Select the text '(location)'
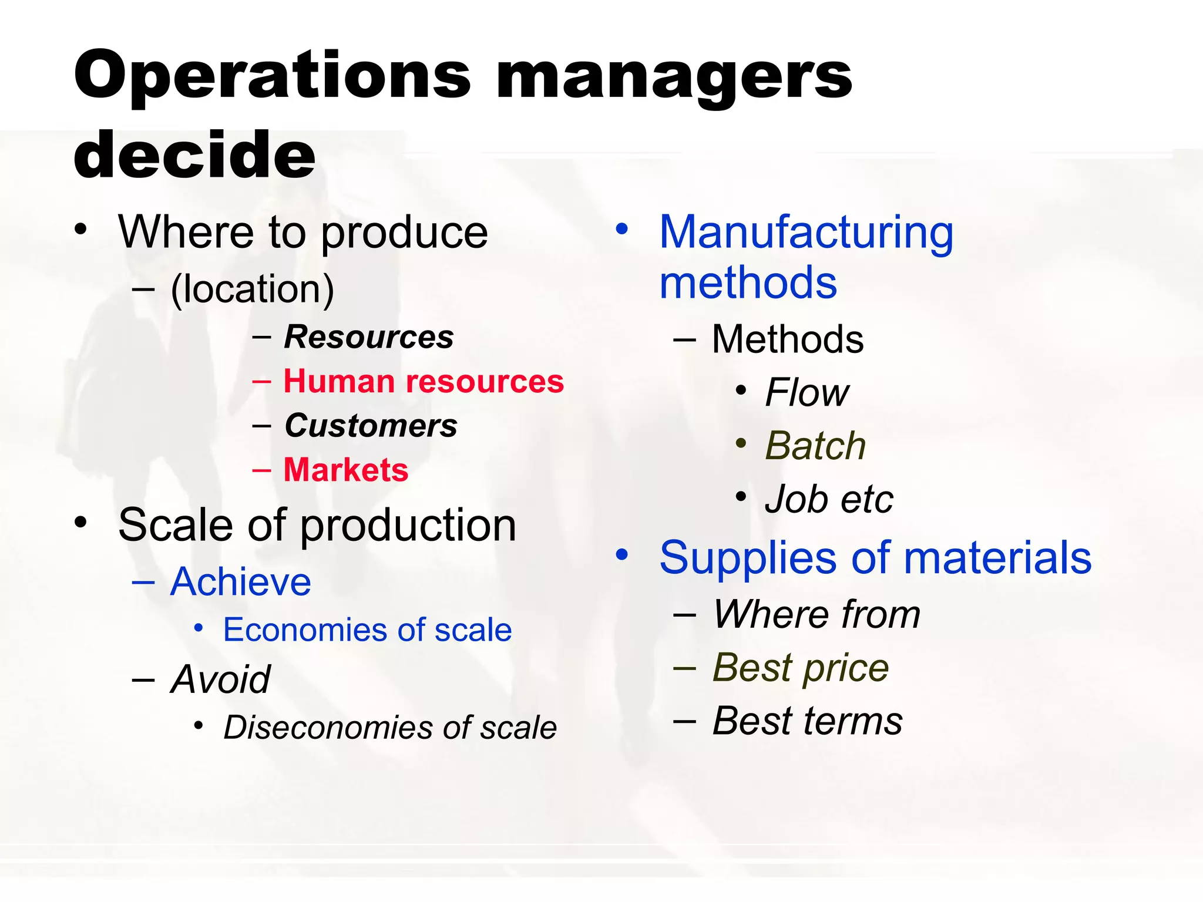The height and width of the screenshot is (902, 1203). pyautogui.click(x=252, y=290)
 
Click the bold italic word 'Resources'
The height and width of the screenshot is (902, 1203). pyautogui.click(x=369, y=337)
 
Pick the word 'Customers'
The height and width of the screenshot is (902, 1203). pyautogui.click(x=371, y=426)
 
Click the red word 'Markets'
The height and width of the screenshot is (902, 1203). pyautogui.click(x=346, y=470)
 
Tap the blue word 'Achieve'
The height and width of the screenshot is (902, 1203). pyautogui.click(x=240, y=582)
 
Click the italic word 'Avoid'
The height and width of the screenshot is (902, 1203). pyautogui.click(x=220, y=679)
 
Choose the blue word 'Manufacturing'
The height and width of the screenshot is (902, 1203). pyautogui.click(x=806, y=233)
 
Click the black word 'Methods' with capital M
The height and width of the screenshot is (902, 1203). pyautogui.click(x=788, y=339)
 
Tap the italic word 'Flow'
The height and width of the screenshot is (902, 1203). pyautogui.click(x=807, y=392)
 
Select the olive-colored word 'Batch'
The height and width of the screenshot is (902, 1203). pyautogui.click(x=815, y=446)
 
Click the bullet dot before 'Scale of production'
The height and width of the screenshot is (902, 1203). pyautogui.click(x=81, y=522)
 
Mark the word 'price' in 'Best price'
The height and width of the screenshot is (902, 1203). pyautogui.click(x=845, y=668)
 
